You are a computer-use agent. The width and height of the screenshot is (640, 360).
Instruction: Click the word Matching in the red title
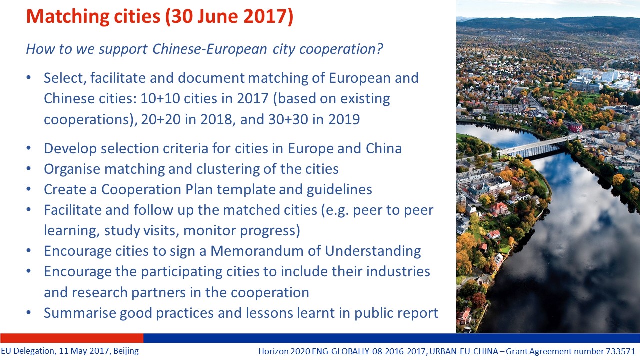67,17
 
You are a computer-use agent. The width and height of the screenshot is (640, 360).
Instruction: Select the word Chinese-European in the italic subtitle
209,49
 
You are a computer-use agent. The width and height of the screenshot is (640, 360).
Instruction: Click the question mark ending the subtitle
379,49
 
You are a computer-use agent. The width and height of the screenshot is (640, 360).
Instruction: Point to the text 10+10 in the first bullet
160,99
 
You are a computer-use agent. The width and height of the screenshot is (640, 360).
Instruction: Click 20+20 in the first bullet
161,119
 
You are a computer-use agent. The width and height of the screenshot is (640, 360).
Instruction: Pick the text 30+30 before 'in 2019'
288,119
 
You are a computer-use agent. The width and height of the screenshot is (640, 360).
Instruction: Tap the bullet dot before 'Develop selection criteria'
28,148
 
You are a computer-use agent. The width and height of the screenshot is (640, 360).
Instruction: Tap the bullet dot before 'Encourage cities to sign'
28,251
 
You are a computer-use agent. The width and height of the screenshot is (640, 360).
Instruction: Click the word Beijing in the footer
126,351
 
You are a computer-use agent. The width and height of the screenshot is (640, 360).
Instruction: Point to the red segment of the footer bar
72,338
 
